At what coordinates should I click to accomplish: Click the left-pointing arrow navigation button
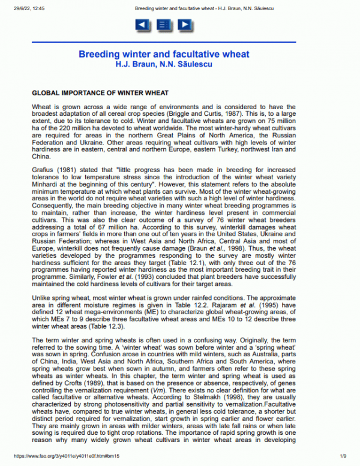click(x=142, y=25)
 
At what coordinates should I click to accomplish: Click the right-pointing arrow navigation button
click(x=185, y=25)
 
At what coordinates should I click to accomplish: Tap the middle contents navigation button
click(x=163, y=25)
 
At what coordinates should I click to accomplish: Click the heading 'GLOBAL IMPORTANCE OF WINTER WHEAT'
click(x=100, y=94)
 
